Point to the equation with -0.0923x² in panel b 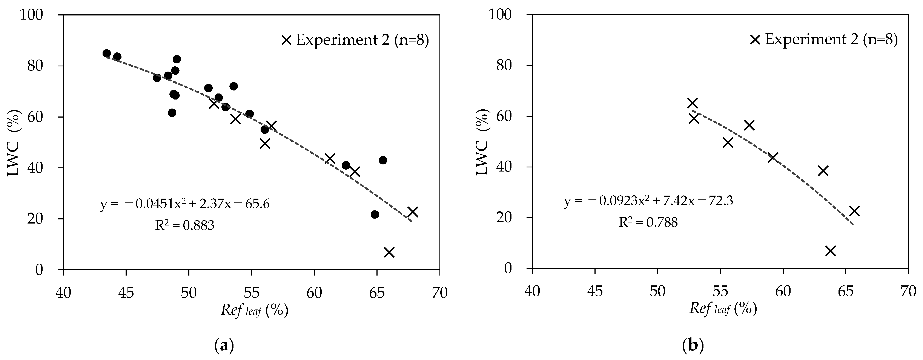(648, 201)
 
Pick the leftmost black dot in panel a (106, 53)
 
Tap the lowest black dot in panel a (375, 214)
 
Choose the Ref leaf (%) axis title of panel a (254, 310)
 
